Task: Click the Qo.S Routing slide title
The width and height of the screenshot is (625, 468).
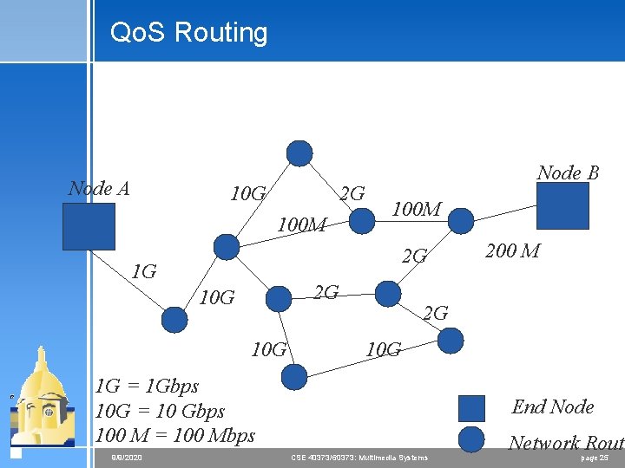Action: tap(188, 33)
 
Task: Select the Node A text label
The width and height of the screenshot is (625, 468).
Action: tap(99, 188)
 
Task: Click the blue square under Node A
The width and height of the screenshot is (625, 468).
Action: tap(89, 226)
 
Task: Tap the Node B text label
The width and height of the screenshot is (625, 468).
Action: tap(568, 172)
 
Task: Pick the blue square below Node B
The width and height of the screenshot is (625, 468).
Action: tap(562, 206)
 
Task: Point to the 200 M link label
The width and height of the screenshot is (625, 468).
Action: tap(512, 251)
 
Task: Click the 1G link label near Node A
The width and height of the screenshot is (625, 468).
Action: tap(143, 272)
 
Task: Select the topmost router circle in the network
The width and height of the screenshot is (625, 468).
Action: tap(299, 153)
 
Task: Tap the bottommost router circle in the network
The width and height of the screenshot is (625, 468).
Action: tap(295, 376)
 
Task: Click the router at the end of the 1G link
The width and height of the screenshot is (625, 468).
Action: tap(174, 320)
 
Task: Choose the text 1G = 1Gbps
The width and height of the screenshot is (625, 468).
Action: tap(147, 386)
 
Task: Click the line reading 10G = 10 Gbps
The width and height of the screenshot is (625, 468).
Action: tap(160, 411)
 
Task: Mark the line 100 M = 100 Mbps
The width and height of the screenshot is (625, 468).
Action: tap(174, 435)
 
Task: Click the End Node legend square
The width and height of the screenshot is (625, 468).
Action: tap(470, 408)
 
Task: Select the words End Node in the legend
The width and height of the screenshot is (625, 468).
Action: tap(553, 406)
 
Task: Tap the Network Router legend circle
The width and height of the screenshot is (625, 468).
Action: tap(470, 440)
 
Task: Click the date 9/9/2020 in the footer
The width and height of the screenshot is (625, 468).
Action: tap(127, 457)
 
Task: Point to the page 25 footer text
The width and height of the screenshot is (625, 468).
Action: tap(594, 457)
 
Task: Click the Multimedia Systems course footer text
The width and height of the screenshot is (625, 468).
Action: tap(359, 457)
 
